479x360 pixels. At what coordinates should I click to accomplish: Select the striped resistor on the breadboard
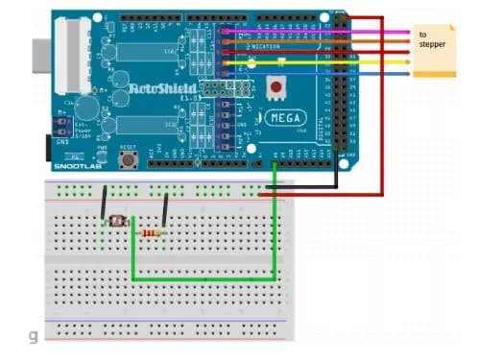(x=151, y=232)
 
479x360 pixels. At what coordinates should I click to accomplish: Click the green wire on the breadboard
(x=202, y=279)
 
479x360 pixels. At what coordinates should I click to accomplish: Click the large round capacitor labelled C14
(x=88, y=107)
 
